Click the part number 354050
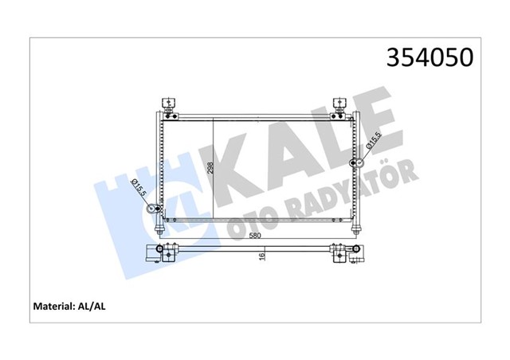(430, 57)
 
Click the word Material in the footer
(54, 307)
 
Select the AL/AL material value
(92, 307)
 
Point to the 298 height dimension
(210, 168)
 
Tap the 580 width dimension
(255, 236)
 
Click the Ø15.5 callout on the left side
(139, 188)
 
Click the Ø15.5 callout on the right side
(374, 140)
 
